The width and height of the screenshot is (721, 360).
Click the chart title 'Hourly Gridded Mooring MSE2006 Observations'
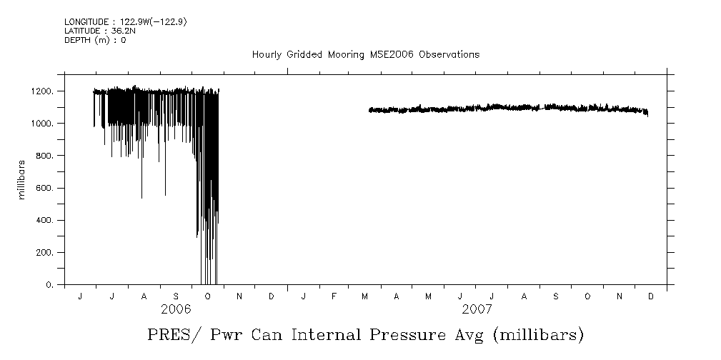pos(365,55)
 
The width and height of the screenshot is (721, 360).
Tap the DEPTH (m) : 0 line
pos(95,40)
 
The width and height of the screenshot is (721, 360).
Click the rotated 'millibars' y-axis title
pos(23,180)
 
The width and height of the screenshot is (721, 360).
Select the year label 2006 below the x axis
pos(176,310)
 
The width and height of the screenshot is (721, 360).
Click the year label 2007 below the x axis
pos(477,310)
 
